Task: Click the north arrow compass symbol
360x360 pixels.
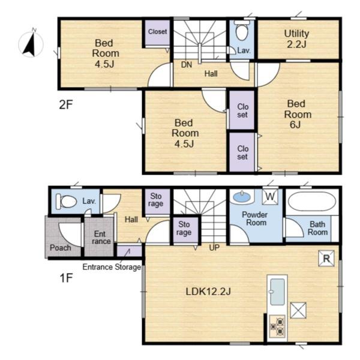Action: pos(31,44)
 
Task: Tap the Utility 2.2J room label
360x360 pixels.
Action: pos(296,39)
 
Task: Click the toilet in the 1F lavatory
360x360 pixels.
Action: pos(67,202)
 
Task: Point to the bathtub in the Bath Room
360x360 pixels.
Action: pos(312,202)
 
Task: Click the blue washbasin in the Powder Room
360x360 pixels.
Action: pos(242,197)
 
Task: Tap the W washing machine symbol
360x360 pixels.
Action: pos(270,197)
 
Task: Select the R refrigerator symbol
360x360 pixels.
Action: pos(326,258)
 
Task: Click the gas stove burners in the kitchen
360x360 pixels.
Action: pos(277,326)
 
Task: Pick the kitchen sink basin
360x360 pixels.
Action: pos(277,292)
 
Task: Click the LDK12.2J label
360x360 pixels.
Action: pos(208,292)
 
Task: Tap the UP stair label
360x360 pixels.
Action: pos(214,247)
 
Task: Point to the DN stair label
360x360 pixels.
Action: pos(187,65)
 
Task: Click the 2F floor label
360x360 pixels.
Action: pos(66,104)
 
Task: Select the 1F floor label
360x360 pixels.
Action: pos(66,278)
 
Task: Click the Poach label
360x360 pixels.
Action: pos(61,248)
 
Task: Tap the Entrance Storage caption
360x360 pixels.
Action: pos(112,267)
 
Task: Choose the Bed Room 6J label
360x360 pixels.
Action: pos(298,114)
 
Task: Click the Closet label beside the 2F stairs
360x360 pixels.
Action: pos(157,31)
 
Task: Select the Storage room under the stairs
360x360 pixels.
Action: pos(184,229)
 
